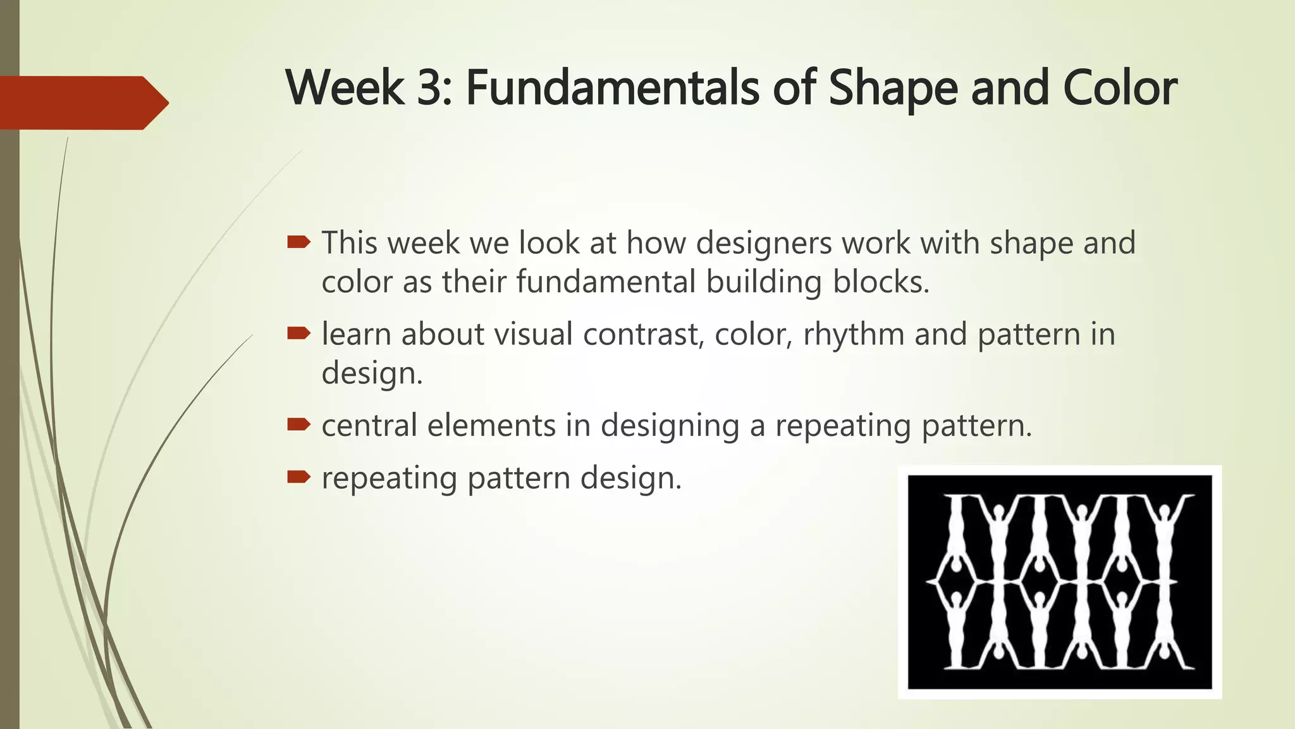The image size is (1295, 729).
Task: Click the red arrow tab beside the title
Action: (x=82, y=103)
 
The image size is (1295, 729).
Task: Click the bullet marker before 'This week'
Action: (x=298, y=242)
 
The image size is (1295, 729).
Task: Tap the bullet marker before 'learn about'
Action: (x=298, y=333)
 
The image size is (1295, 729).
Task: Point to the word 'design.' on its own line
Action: (x=372, y=373)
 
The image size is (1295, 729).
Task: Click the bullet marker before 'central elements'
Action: (x=298, y=424)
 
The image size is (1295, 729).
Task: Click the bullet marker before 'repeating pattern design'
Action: (x=298, y=477)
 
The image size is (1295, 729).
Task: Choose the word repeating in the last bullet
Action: (x=389, y=479)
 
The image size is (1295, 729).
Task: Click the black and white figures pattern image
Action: (x=1060, y=582)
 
